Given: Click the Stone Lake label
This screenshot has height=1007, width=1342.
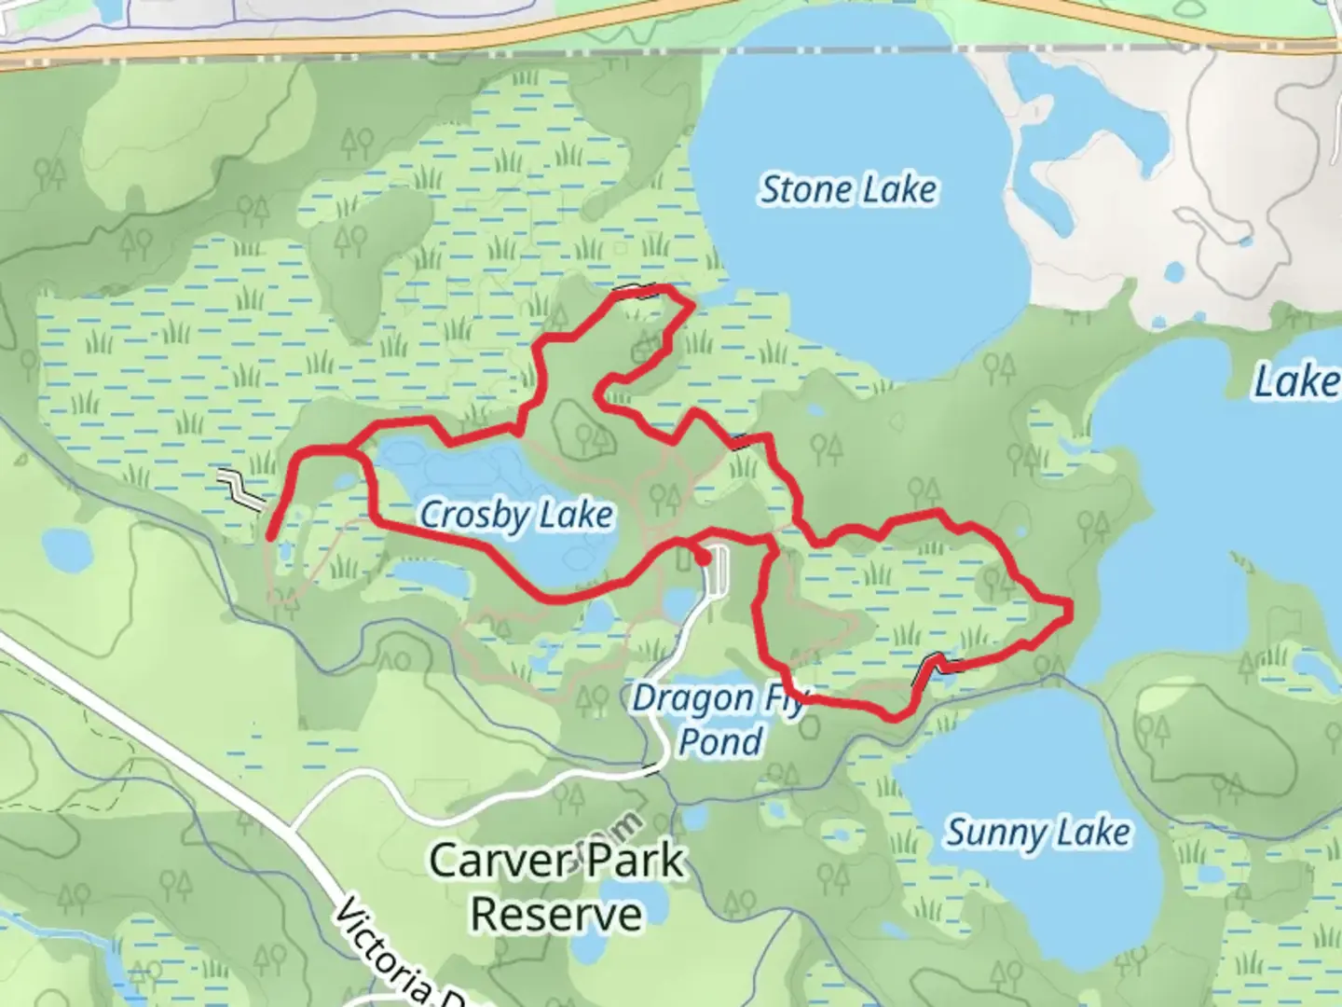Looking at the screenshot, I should pos(848,189).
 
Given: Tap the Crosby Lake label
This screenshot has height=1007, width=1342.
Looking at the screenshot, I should pos(516,515).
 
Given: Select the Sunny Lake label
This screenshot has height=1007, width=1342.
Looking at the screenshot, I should pos(1038,832).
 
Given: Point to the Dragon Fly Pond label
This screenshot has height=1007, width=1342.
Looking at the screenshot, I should pos(718,719).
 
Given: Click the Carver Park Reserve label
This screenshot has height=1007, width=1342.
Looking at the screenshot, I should pos(556,887).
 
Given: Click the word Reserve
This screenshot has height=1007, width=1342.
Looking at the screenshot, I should pos(556,914).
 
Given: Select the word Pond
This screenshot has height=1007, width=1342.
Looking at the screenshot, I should pos(719,741).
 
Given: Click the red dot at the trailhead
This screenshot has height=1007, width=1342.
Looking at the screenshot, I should pos(703,558).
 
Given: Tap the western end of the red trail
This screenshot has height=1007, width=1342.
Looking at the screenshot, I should pos(270,537).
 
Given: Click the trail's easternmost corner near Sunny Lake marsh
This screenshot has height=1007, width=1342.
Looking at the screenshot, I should pos(1069,609).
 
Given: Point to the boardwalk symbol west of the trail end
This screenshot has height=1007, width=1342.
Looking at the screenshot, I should pos(242,490).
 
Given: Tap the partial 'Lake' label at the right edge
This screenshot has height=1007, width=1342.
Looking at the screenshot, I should pos(1295,381).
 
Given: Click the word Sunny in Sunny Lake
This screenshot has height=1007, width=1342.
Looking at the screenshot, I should pos(992,833).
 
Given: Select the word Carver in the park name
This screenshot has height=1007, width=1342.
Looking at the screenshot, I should pos(490,861).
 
